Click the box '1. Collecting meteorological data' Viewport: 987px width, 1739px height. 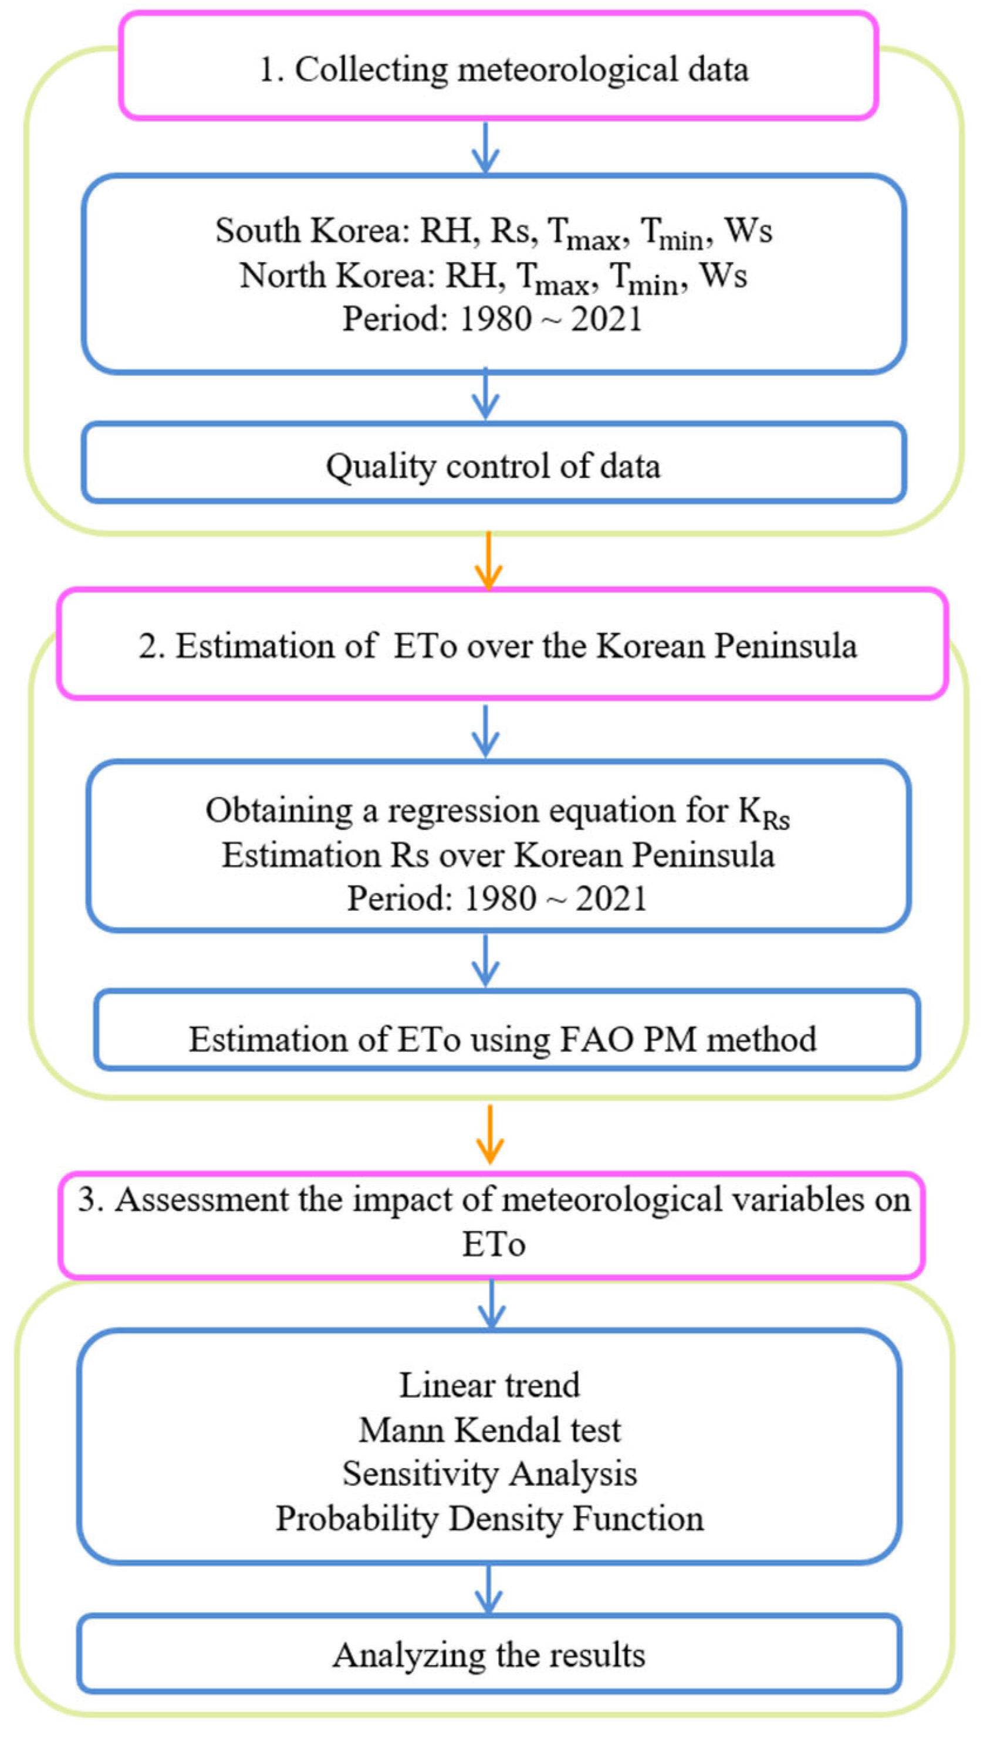click(x=498, y=66)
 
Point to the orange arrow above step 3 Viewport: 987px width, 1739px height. click(x=489, y=1134)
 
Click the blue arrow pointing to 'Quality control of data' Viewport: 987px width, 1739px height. click(x=485, y=394)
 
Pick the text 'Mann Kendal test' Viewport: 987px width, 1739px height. click(x=489, y=1430)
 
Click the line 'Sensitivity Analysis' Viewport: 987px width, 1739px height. click(x=489, y=1473)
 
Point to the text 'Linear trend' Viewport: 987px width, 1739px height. click(x=489, y=1385)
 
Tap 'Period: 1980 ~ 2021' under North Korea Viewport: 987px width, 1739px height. click(x=493, y=318)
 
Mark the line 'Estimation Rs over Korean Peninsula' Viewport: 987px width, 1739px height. click(x=498, y=855)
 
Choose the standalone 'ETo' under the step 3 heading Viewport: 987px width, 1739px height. click(x=493, y=1244)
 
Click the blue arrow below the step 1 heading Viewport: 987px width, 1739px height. click(x=485, y=148)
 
